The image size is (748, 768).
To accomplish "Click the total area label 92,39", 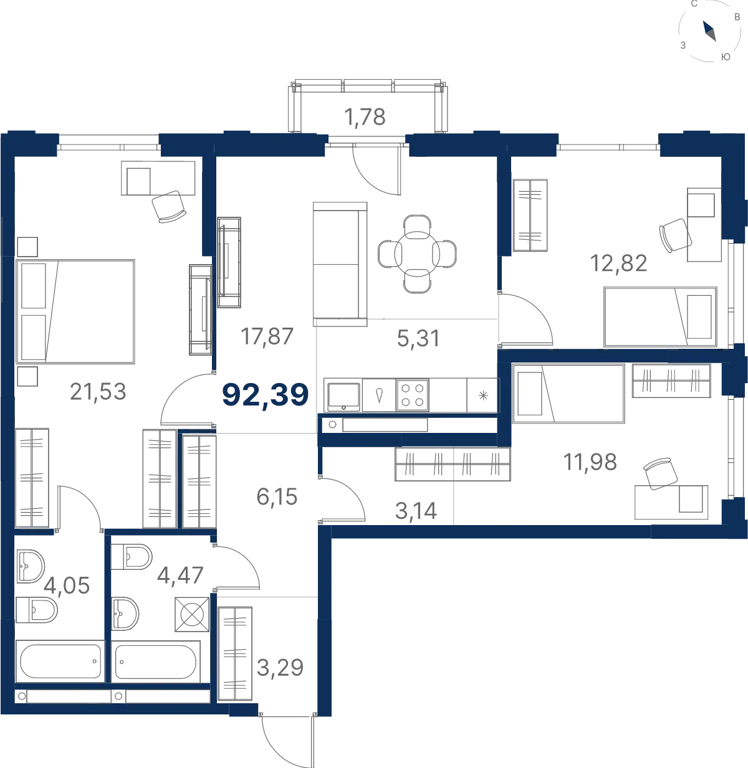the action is pyautogui.click(x=265, y=395).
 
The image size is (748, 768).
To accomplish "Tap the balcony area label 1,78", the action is pyautogui.click(x=365, y=117).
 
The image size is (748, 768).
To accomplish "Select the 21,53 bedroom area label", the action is pyautogui.click(x=98, y=392).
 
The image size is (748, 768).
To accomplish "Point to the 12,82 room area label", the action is pyautogui.click(x=618, y=263).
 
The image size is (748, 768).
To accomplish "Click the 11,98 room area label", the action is pyautogui.click(x=590, y=462).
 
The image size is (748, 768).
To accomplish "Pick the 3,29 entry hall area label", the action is pyautogui.click(x=280, y=667).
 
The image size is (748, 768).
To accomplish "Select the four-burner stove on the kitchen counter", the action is pyautogui.click(x=412, y=396).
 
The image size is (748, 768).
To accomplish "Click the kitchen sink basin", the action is pyautogui.click(x=343, y=396).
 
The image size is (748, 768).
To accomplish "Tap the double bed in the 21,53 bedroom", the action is pyautogui.click(x=75, y=311).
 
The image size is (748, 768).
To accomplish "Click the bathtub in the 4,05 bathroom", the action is pyautogui.click(x=60, y=661).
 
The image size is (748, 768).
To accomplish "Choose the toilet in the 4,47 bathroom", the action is pyautogui.click(x=131, y=557).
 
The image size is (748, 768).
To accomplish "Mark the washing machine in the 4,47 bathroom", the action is pyautogui.click(x=192, y=615).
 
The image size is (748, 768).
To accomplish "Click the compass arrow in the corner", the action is pyautogui.click(x=709, y=31).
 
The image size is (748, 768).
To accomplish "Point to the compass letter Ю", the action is pyautogui.click(x=726, y=57).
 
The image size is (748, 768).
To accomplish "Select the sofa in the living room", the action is pyautogui.click(x=340, y=265).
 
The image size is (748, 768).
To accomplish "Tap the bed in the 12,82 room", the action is pyautogui.click(x=660, y=317).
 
